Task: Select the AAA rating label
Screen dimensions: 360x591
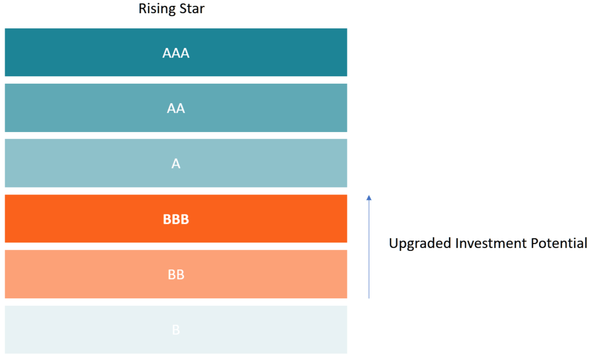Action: (x=176, y=54)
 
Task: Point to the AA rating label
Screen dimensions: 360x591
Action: (x=176, y=108)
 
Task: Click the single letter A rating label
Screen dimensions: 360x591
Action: (x=176, y=164)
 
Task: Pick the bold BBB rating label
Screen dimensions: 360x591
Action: (x=176, y=219)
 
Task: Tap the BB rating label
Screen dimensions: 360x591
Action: (x=176, y=275)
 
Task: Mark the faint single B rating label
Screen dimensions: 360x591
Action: (x=176, y=330)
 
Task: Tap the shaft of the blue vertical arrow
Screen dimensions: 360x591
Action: (x=369, y=248)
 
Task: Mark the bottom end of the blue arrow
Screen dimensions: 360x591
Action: (x=369, y=297)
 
